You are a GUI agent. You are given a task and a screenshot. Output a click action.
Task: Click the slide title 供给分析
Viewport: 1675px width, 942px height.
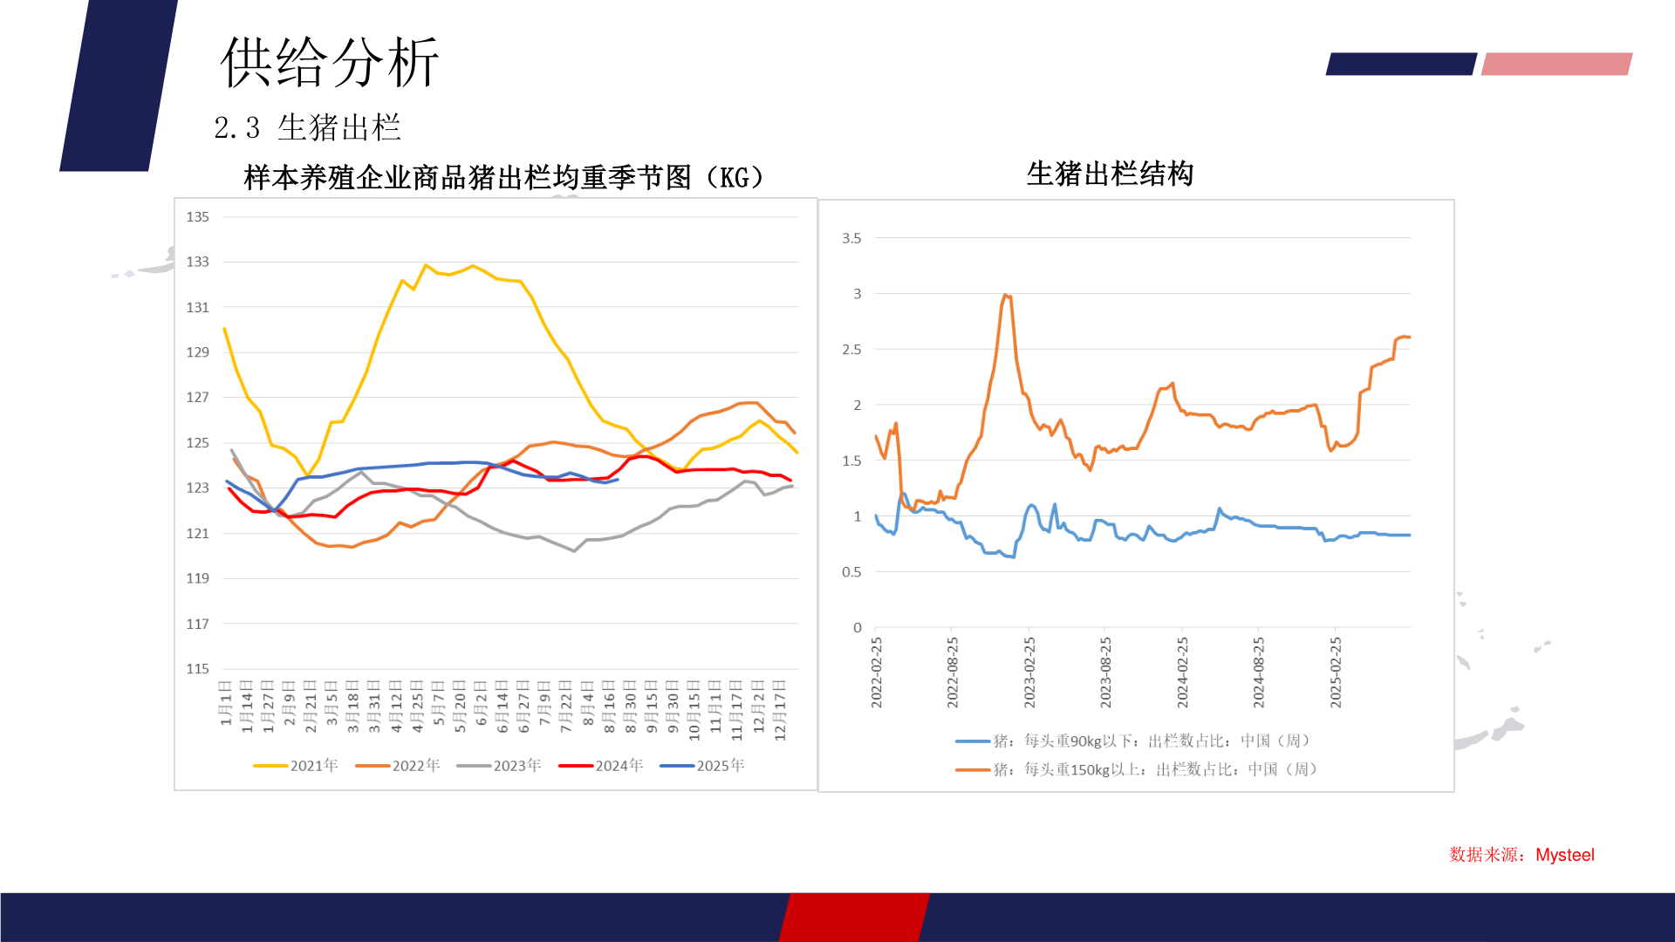click(x=329, y=63)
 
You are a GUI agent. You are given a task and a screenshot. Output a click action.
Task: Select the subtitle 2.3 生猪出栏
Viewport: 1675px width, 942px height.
click(x=307, y=128)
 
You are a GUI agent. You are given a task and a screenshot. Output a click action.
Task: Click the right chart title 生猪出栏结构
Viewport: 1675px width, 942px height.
click(x=1110, y=174)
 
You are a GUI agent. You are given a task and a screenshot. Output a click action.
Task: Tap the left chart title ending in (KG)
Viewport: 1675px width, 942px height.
click(x=503, y=178)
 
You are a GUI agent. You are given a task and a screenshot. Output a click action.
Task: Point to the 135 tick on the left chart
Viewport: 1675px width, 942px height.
click(x=197, y=217)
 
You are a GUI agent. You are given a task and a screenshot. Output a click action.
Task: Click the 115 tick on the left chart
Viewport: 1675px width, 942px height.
click(x=197, y=669)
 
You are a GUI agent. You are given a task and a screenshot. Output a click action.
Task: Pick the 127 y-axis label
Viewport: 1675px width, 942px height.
click(x=197, y=398)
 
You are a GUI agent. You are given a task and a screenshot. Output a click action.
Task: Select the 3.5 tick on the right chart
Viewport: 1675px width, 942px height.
click(x=851, y=238)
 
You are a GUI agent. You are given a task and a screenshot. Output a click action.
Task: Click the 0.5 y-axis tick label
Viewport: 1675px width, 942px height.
click(x=851, y=572)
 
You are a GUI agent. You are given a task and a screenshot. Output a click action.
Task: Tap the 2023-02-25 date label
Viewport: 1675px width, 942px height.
click(x=1029, y=672)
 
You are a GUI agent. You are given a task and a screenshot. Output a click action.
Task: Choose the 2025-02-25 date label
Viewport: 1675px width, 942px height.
click(x=1336, y=672)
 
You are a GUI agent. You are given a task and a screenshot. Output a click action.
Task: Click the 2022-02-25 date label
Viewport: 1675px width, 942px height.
click(x=877, y=672)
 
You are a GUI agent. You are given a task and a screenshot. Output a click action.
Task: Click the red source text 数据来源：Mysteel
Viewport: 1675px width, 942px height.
click(x=1521, y=855)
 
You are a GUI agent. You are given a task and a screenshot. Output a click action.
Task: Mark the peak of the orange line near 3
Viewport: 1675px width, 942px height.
click(x=1005, y=295)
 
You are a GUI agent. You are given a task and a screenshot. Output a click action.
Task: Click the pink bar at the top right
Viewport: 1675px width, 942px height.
click(x=1556, y=64)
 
